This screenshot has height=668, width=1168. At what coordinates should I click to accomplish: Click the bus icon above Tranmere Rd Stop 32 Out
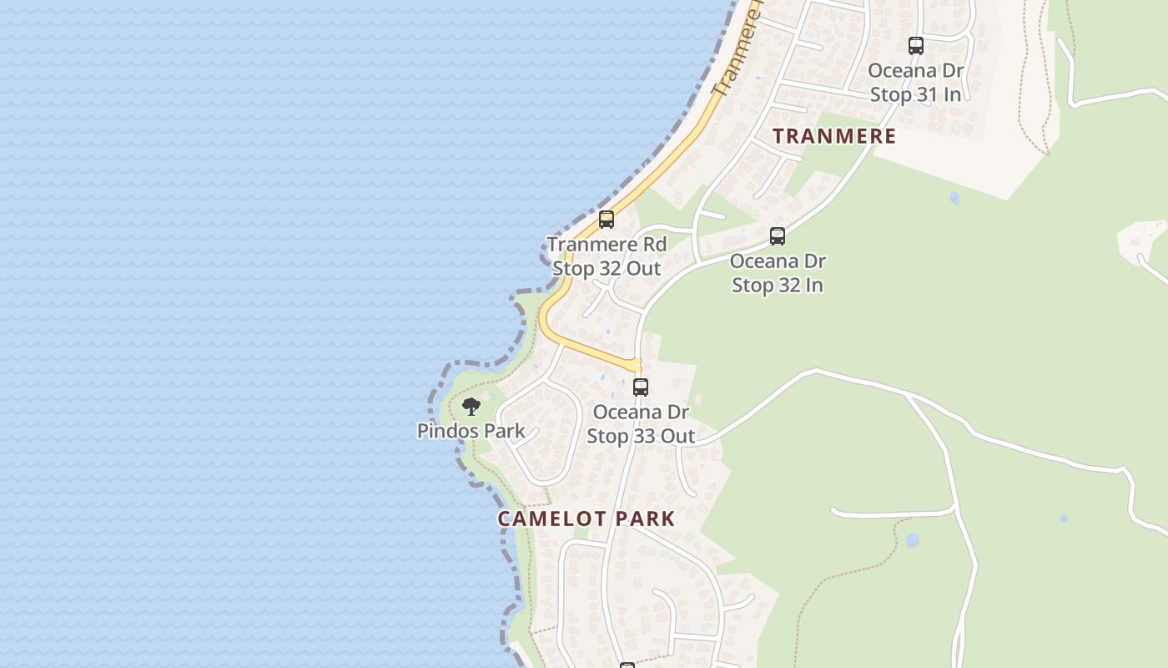pyautogui.click(x=607, y=220)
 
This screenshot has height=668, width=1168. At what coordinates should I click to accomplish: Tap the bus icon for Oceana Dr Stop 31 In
pyautogui.click(x=916, y=46)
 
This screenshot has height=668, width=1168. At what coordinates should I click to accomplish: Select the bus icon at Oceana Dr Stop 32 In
pyautogui.click(x=778, y=236)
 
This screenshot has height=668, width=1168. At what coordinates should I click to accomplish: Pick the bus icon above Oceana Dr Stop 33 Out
pyautogui.click(x=641, y=387)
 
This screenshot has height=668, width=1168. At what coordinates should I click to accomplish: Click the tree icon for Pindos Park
pyautogui.click(x=471, y=407)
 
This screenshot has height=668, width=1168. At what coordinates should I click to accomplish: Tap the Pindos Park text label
pyautogui.click(x=471, y=431)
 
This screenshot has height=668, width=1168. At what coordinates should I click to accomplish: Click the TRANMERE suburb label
pyautogui.click(x=834, y=136)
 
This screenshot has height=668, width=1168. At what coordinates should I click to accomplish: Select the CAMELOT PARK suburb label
pyautogui.click(x=587, y=519)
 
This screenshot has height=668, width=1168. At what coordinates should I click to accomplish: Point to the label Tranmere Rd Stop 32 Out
pyautogui.click(x=607, y=256)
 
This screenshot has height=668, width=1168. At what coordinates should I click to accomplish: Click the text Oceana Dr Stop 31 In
pyautogui.click(x=916, y=83)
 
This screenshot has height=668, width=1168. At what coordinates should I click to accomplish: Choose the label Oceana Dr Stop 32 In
pyautogui.click(x=778, y=273)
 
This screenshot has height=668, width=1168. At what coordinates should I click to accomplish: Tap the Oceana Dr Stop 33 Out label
pyautogui.click(x=641, y=424)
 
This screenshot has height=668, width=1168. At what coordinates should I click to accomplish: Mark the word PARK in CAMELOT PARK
pyautogui.click(x=642, y=519)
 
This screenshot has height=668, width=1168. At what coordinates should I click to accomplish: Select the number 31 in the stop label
pyautogui.click(x=929, y=94)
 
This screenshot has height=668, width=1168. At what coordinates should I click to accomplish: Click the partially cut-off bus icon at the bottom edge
pyautogui.click(x=627, y=665)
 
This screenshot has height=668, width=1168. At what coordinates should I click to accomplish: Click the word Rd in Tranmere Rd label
pyautogui.click(x=654, y=245)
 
